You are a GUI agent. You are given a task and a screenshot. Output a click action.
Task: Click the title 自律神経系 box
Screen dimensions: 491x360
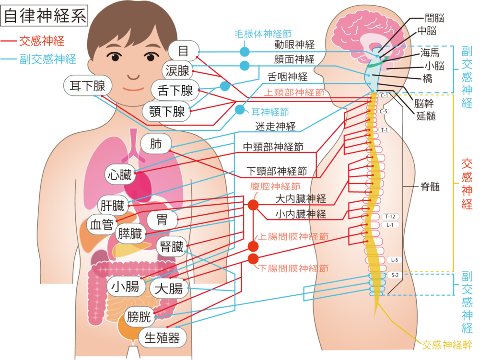tap(44, 15)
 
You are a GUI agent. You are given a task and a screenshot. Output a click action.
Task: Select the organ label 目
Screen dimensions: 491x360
tap(184, 51)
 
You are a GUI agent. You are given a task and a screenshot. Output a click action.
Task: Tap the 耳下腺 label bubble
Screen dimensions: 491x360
tap(87, 85)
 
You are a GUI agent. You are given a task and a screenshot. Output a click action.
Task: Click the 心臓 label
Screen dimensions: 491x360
tap(120, 174)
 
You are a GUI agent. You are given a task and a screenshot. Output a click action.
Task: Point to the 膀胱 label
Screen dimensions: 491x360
tap(139, 317)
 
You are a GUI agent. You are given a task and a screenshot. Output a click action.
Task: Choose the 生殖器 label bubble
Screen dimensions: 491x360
tap(162, 337)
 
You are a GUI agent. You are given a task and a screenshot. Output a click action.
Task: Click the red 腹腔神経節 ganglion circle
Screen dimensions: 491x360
tap(253, 205)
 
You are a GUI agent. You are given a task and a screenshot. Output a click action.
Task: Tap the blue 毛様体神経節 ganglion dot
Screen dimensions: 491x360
tap(245, 52)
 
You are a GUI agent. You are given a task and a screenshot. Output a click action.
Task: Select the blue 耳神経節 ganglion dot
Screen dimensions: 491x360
tap(240, 110)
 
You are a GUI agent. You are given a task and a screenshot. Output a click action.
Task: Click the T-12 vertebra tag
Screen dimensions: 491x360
tap(390, 217)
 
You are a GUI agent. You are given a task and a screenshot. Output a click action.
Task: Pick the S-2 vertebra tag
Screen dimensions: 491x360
tap(395, 275)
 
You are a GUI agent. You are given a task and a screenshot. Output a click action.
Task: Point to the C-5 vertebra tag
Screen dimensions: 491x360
tap(383, 111)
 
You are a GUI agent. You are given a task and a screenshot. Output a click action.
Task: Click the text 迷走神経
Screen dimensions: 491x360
tap(276, 127)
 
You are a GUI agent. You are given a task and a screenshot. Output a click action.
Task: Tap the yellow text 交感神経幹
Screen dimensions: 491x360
tap(447, 345)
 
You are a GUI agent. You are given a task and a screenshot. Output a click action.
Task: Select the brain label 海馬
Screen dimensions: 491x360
tap(430, 52)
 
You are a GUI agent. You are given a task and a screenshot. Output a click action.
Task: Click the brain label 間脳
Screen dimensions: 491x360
tap(434, 18)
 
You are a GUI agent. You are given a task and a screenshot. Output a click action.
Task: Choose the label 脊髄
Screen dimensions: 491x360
tap(430, 187)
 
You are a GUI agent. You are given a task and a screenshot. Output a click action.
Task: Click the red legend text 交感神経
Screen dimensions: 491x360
tap(42, 41)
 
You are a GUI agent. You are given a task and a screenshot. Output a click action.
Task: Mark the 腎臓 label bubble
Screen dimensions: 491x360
tap(172, 247)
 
